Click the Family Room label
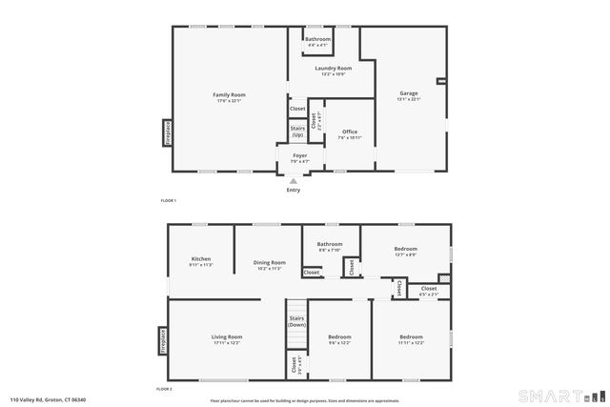tap(230, 94)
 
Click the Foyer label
tap(299, 155)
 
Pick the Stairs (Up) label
tap(297, 132)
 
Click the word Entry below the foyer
tap(294, 190)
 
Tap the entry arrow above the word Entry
tap(294, 179)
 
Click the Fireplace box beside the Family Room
tap(168, 132)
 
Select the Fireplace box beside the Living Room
tap(162, 341)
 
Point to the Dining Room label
tap(269, 263)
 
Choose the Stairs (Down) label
tap(296, 322)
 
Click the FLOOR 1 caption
tap(169, 200)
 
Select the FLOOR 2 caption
tap(164, 389)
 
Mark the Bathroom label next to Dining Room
tap(330, 244)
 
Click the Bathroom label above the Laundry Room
tap(317, 39)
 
